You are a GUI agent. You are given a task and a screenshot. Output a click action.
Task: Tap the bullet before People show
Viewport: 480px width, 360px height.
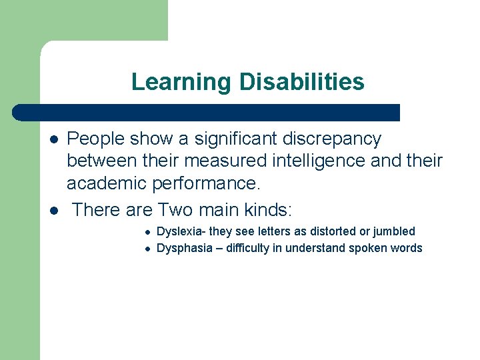[53, 139]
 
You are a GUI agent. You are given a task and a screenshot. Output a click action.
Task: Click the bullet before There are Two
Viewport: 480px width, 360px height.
[53, 211]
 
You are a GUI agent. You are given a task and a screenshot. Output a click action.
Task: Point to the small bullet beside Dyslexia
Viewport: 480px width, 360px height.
[147, 232]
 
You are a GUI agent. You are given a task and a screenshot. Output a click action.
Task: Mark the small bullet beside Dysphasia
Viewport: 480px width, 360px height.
[147, 249]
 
